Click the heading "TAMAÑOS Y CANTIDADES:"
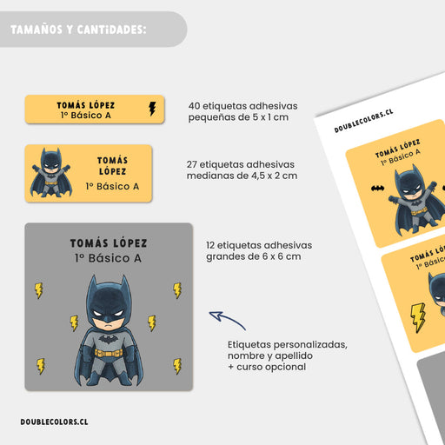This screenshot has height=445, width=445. click(x=78, y=30)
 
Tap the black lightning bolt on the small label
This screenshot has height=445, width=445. click(x=152, y=109)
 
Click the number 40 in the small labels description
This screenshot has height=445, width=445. click(x=194, y=106)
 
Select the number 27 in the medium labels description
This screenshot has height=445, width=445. click(x=192, y=164)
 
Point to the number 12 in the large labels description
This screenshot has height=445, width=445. click(x=210, y=245)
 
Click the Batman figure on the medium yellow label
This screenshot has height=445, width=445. click(x=51, y=173)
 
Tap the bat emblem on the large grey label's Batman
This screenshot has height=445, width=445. click(x=108, y=338)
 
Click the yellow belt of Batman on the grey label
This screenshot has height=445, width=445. click(x=109, y=353)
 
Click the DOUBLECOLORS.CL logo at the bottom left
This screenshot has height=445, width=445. click(x=54, y=422)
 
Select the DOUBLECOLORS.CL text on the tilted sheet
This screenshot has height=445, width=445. click(x=363, y=121)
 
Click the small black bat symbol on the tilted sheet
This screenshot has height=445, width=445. click(x=377, y=189)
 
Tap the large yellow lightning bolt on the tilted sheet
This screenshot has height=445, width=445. click(x=417, y=317)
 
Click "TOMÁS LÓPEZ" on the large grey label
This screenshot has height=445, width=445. click(x=109, y=243)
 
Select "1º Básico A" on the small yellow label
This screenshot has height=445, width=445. click(x=86, y=116)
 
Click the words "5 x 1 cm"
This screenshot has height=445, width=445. click(x=270, y=117)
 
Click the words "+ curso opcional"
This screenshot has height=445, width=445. click(x=267, y=367)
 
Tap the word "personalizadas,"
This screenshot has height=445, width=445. click(x=310, y=345)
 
